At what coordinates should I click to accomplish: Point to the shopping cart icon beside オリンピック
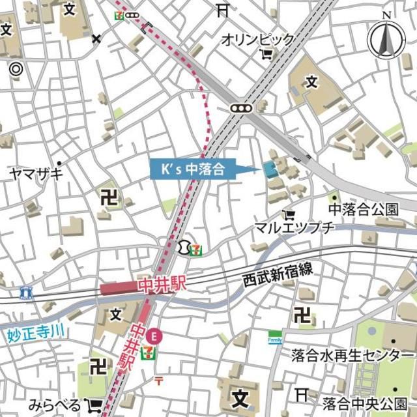coord(266,55)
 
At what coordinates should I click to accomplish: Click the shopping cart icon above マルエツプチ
coord(289,214)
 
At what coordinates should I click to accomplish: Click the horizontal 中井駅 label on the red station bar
coord(156,287)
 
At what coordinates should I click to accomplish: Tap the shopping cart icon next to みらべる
coord(94,405)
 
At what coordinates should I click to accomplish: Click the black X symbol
coord(97,39)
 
